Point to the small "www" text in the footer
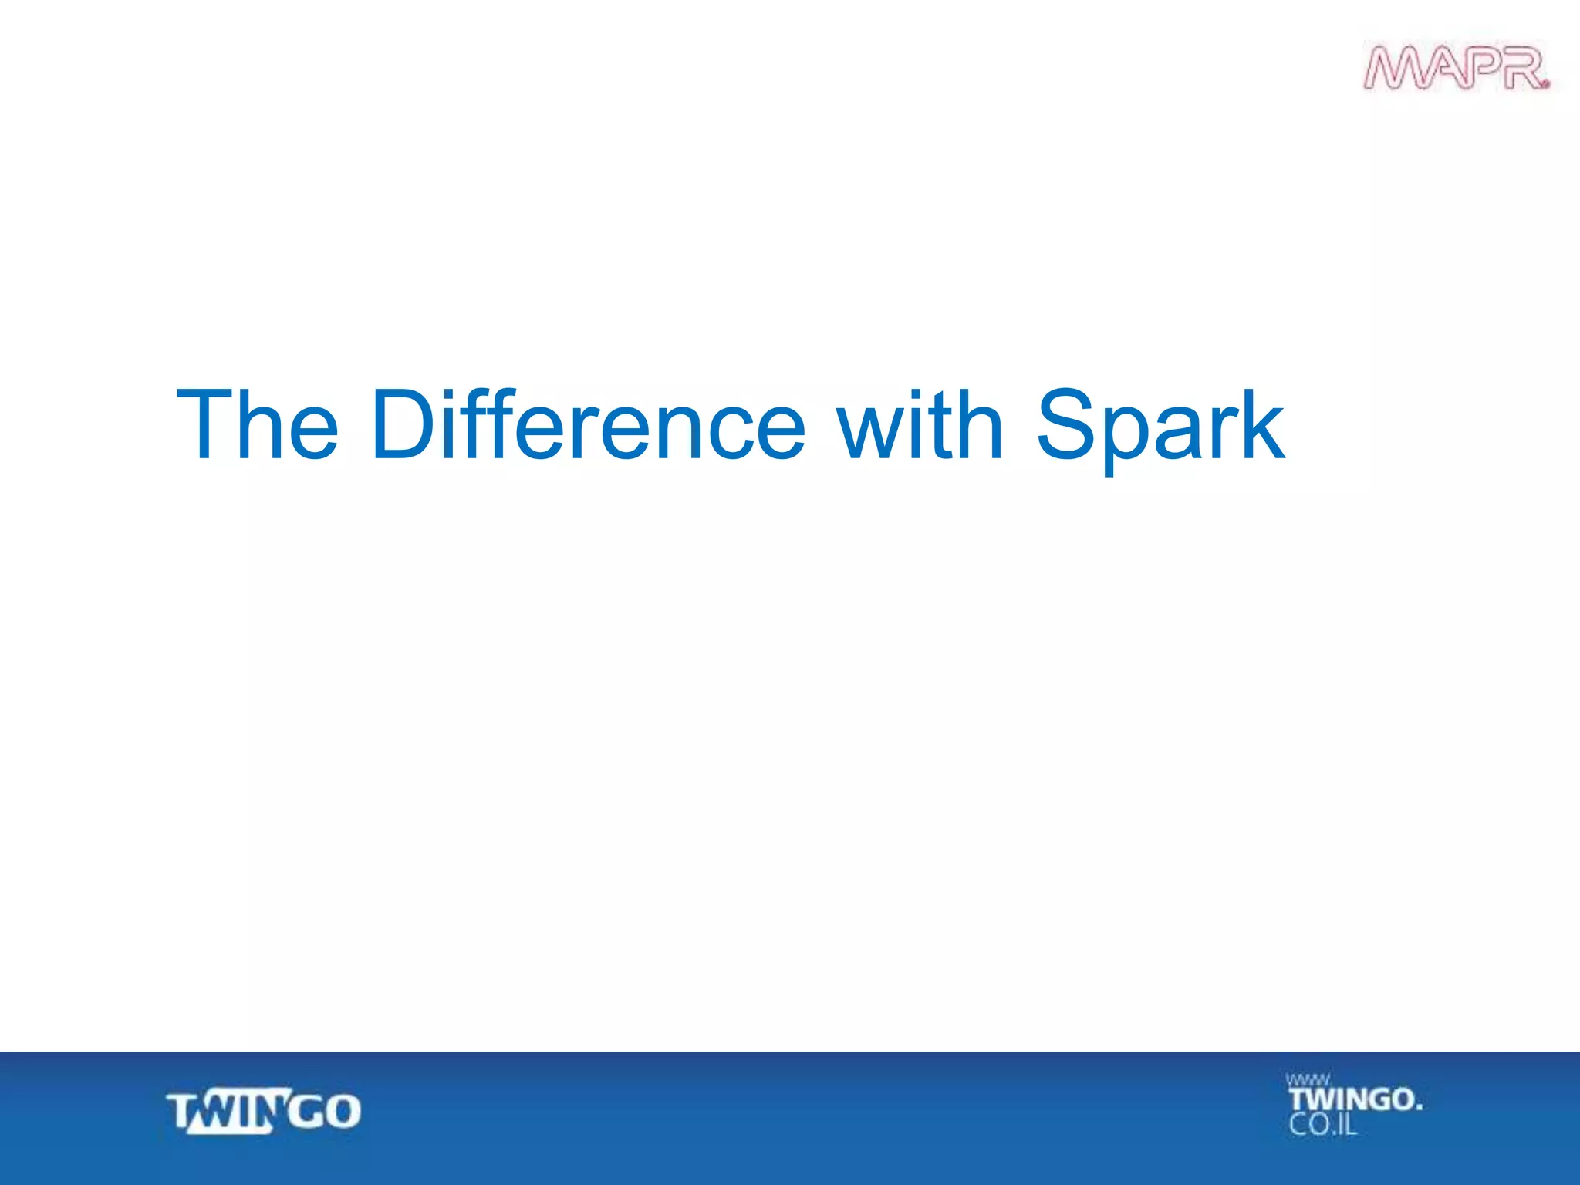(1307, 1080)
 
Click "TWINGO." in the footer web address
(1355, 1099)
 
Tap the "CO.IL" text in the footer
(1322, 1125)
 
